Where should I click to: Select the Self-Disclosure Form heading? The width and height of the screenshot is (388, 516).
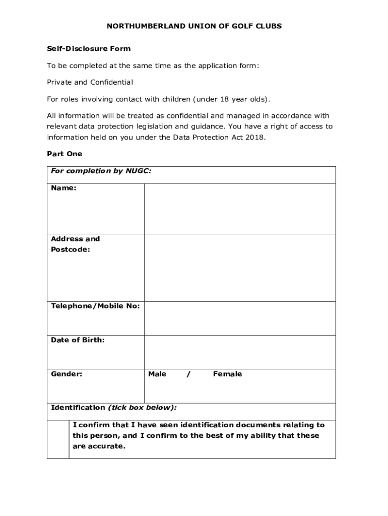pos(89,49)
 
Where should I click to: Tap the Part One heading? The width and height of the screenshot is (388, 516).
pos(64,154)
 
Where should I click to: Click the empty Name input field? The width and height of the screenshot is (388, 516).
pos(240,209)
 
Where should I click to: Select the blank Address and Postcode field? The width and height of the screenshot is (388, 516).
pos(240,268)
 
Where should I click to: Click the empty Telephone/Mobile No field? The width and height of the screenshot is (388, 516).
pos(240,318)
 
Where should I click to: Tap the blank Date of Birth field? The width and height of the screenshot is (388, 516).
pos(240,352)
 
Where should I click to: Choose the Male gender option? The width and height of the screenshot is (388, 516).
pos(157,374)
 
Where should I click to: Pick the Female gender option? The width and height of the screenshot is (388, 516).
pos(227,374)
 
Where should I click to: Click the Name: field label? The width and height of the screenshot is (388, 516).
pos(63,188)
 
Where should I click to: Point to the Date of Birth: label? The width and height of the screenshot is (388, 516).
pos(78,340)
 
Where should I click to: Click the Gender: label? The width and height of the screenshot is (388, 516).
pos(67,374)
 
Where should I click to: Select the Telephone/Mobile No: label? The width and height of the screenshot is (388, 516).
pos(95,306)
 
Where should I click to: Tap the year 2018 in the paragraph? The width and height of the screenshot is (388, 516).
pos(254,138)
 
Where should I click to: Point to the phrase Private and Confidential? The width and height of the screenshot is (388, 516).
pos(90,82)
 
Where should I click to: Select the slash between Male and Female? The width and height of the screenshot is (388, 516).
pos(188,374)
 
